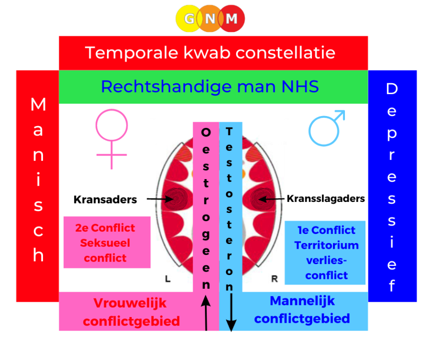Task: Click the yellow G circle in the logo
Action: (189, 18)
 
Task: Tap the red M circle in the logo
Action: (231, 18)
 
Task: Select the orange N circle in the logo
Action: (210, 18)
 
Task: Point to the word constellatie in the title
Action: (286, 53)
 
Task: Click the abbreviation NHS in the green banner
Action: (300, 86)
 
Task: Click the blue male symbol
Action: (326, 128)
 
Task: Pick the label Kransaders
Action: (105, 200)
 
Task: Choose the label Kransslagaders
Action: (326, 198)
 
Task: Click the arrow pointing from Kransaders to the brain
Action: (160, 199)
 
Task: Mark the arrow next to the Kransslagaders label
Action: (271, 199)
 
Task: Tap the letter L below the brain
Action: (168, 279)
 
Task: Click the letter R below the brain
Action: (274, 279)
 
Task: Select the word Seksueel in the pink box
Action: (105, 243)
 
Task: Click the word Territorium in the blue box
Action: (326, 245)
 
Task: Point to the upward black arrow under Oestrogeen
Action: (205, 313)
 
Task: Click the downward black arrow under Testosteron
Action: (231, 312)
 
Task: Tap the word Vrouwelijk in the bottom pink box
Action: (130, 303)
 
